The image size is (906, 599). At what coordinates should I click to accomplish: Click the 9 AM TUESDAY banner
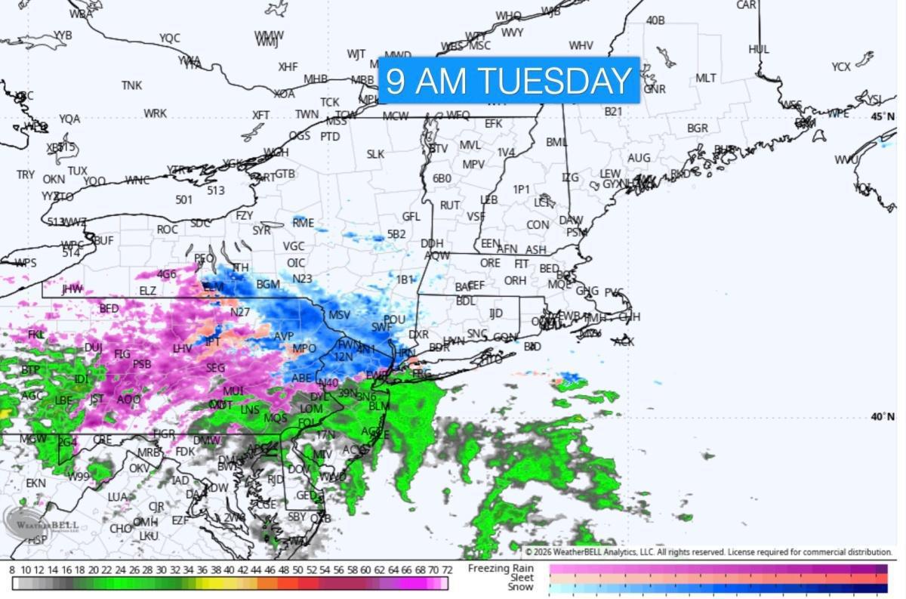point(509,80)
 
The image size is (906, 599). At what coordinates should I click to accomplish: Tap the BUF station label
point(103,240)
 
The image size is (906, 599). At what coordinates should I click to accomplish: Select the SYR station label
point(261,230)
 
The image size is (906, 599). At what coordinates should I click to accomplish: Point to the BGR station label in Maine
point(697,128)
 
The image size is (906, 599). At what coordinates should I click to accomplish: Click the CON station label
point(538,225)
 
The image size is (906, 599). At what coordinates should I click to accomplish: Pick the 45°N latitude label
point(883,116)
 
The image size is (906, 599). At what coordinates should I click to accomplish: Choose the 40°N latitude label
point(883,417)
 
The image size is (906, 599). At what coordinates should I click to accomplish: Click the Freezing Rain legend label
point(501,568)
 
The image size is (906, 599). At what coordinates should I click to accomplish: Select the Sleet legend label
point(521,578)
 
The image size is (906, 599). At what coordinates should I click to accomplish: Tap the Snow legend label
point(520,587)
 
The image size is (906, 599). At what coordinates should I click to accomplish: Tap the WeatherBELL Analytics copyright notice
point(708,552)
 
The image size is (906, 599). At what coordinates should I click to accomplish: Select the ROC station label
point(167,230)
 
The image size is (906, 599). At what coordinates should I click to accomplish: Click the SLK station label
point(375,154)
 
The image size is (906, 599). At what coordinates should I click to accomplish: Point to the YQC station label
point(170,38)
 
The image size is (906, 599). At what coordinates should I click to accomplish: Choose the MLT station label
point(705,78)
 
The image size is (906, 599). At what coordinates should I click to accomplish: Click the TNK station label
point(131,85)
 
